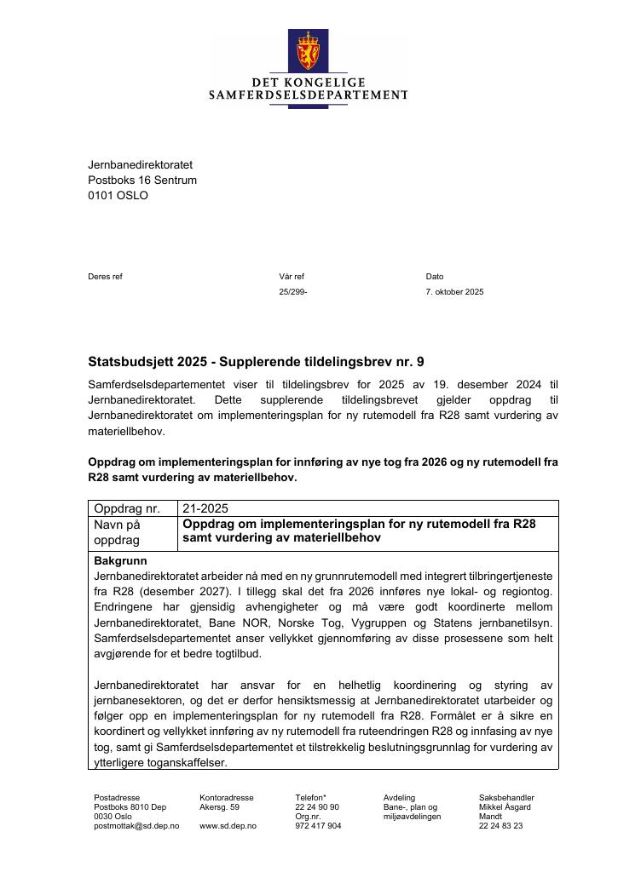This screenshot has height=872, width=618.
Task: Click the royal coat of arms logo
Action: [x=309, y=50]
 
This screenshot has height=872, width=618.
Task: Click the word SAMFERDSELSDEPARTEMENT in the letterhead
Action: [x=309, y=95]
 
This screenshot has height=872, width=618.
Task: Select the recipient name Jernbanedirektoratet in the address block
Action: [x=140, y=164]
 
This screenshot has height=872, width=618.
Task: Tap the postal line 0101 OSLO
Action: [x=118, y=195]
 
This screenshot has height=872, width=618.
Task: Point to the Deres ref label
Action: [x=105, y=277]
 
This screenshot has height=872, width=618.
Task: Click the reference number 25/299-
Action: [x=292, y=292]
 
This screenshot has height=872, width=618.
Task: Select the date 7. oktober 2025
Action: [x=454, y=292]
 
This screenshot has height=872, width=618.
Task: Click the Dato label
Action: [x=435, y=277]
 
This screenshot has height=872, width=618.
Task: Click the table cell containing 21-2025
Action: [x=205, y=508]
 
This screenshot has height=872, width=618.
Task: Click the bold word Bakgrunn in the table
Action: [x=120, y=561]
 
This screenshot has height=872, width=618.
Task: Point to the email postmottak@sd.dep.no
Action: [x=136, y=826]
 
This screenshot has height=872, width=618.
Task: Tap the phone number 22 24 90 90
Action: [x=317, y=807]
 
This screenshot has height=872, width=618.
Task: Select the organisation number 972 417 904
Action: [x=318, y=826]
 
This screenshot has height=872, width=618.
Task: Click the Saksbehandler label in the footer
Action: [x=506, y=798]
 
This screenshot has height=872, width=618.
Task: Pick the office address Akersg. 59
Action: [x=220, y=807]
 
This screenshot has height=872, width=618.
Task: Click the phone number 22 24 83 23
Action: [x=500, y=826]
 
